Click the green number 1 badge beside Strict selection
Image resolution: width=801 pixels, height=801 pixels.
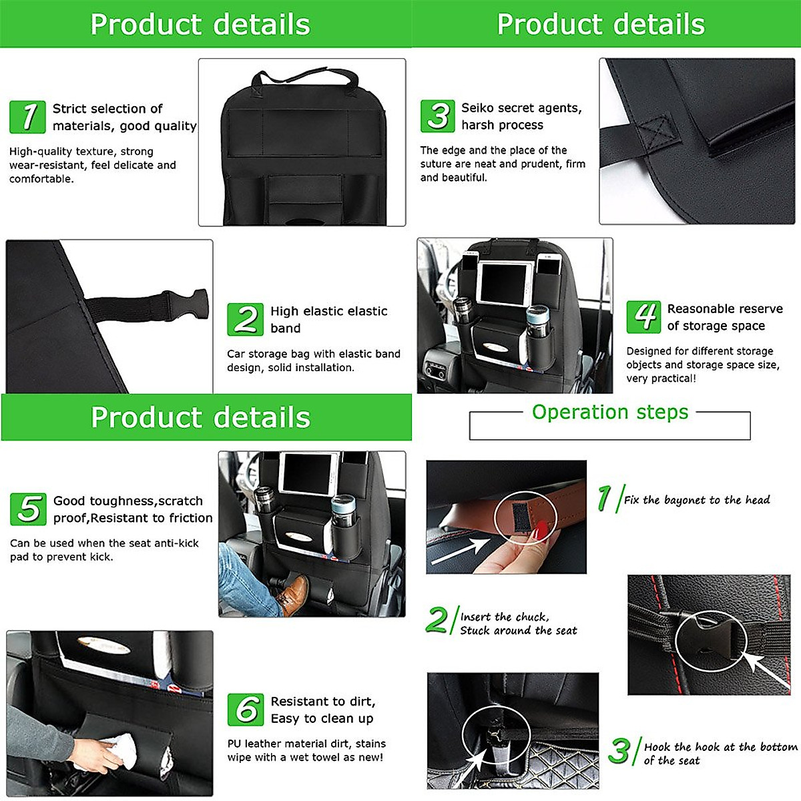[27, 117]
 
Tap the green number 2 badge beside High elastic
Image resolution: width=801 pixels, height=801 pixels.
[245, 319]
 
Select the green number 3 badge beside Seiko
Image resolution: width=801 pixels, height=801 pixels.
[437, 116]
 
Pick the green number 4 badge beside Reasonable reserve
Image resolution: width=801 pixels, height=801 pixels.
[643, 316]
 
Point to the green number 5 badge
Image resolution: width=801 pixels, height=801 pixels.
[28, 509]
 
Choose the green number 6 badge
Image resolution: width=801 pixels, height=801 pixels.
[245, 709]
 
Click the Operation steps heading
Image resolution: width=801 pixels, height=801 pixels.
[609, 413]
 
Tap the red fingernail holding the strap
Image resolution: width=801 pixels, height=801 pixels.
[542, 531]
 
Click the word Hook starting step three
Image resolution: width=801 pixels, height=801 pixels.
[657, 747]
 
